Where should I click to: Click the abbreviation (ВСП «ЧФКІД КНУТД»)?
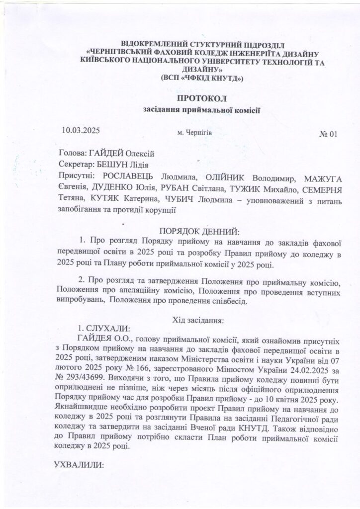[202, 79]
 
